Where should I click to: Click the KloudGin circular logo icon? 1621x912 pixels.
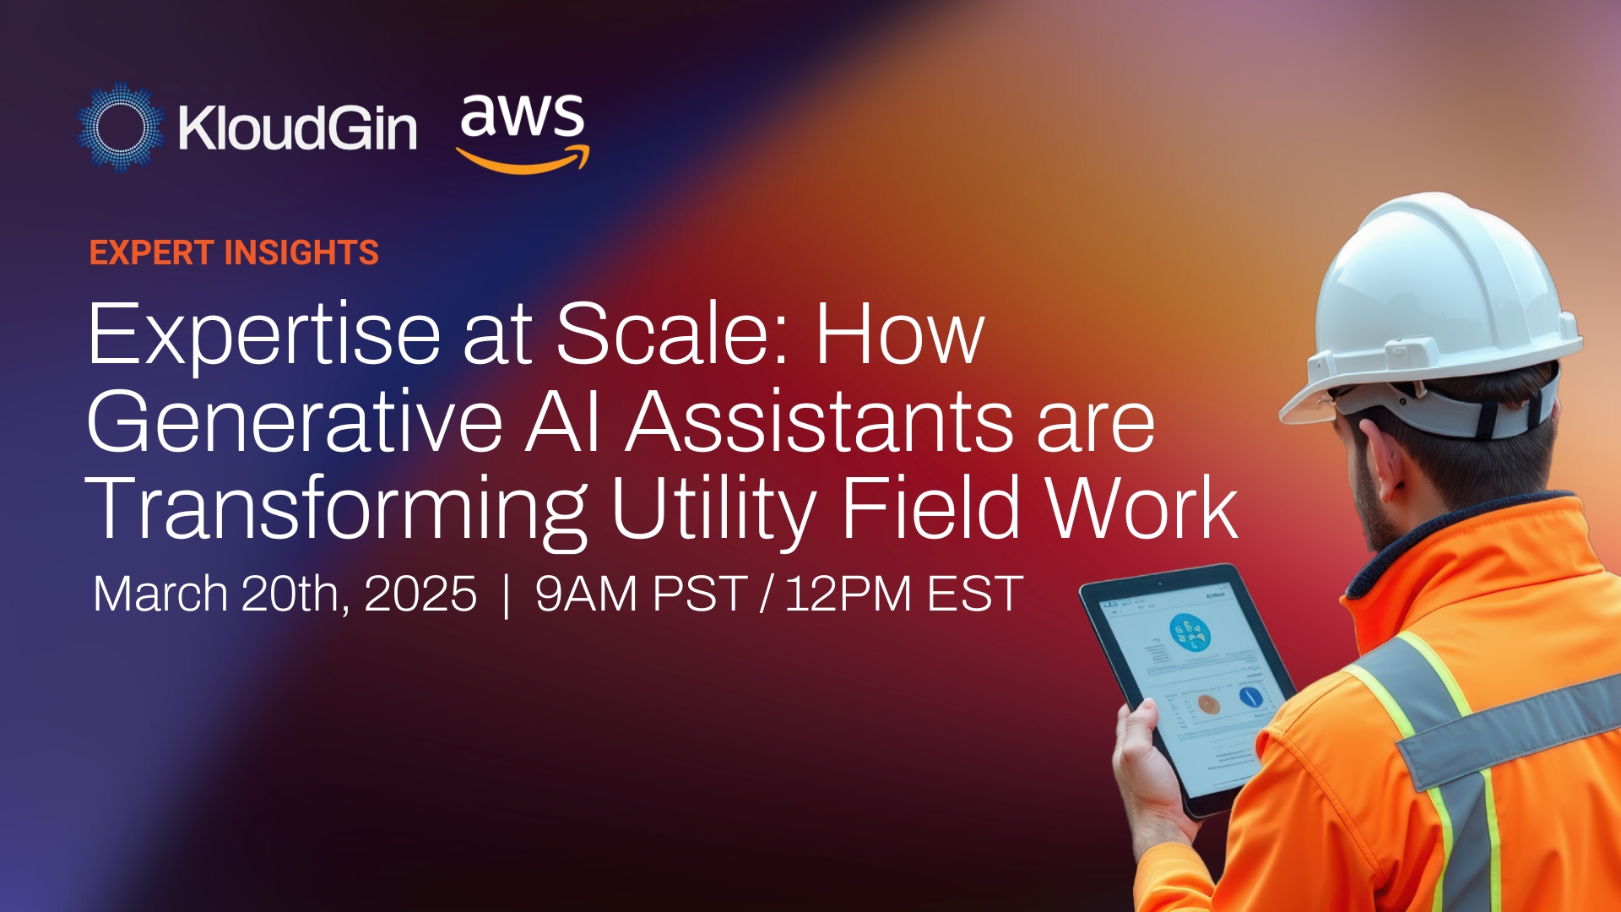pyautogui.click(x=121, y=128)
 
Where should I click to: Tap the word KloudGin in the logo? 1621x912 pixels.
pyautogui.click(x=297, y=128)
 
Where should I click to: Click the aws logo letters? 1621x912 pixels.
pyautogui.click(x=522, y=116)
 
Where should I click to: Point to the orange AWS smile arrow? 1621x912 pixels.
pyautogui.click(x=523, y=160)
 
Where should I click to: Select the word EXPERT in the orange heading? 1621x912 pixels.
pyautogui.click(x=152, y=253)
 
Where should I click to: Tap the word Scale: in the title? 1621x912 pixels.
pyautogui.click(x=672, y=334)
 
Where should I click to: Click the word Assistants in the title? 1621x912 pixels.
pyautogui.click(x=820, y=422)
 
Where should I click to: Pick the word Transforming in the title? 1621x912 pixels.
pyautogui.click(x=335, y=509)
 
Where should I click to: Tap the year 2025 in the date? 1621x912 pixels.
pyautogui.click(x=420, y=594)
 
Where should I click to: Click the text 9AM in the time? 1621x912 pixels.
pyautogui.click(x=586, y=594)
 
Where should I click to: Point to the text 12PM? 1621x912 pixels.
pyautogui.click(x=848, y=594)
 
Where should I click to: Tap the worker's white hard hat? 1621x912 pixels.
pyautogui.click(x=1435, y=296)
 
